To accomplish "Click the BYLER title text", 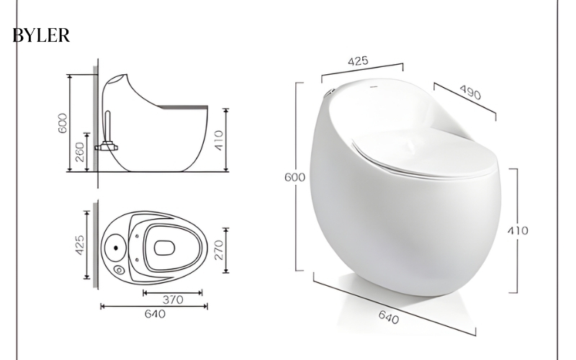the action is [x=41, y=35].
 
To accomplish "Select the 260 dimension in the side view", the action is [x=80, y=152].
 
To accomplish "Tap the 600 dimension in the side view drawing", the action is [x=63, y=123].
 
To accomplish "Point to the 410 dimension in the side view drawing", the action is [x=218, y=140].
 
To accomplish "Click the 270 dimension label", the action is [x=218, y=250].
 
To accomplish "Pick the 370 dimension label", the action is [x=173, y=300].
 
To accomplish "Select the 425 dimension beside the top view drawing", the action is [x=80, y=245].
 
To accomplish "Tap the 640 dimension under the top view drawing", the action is [x=155, y=314].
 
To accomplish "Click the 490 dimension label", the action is [x=470, y=93].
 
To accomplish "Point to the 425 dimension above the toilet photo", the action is [x=358, y=61].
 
